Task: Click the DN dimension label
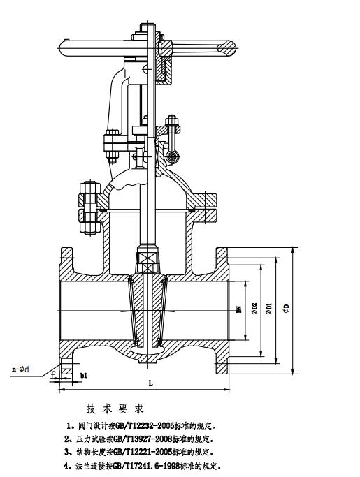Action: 239,309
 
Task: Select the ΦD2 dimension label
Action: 254,308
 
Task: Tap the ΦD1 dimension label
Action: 268,308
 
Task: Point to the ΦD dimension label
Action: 286,309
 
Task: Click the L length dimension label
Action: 150,383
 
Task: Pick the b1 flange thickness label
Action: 84,376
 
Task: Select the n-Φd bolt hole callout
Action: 21,369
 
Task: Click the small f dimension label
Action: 53,374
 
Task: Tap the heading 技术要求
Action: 115,409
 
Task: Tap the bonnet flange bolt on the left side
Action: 90,208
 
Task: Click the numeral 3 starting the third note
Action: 66,452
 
